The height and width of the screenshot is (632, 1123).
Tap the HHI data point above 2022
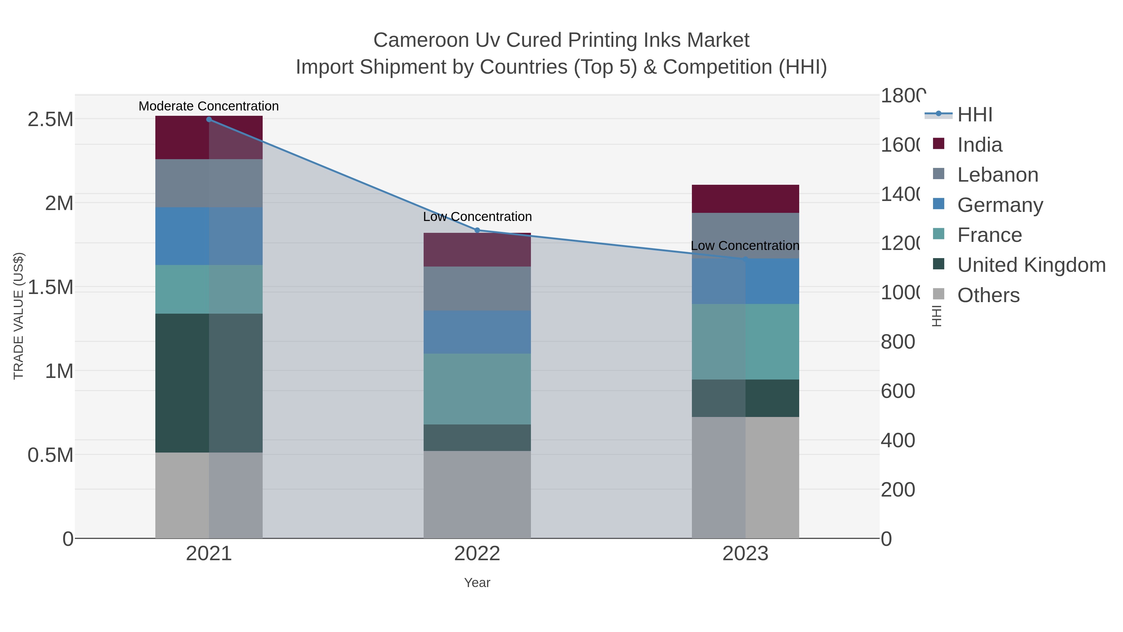(477, 230)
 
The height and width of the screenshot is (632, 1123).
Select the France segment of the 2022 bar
(477, 389)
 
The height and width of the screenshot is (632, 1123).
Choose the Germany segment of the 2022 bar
(477, 332)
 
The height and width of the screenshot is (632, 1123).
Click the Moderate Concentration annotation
(208, 106)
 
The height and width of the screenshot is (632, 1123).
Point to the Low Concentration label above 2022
(477, 217)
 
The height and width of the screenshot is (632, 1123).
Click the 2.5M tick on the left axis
(50, 120)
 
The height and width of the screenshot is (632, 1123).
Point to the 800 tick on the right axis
(897, 342)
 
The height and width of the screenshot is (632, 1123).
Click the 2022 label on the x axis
(477, 554)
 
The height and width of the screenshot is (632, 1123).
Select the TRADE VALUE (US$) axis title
(19, 316)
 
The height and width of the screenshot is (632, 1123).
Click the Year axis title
(477, 583)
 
